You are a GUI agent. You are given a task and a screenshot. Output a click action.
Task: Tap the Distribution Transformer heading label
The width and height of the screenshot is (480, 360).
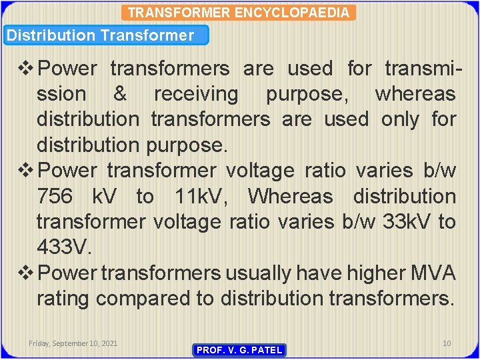pos(100,35)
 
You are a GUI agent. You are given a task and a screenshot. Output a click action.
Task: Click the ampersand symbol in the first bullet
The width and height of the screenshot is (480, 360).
pos(120,94)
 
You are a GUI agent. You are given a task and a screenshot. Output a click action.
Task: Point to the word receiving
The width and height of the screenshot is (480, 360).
pos(195,94)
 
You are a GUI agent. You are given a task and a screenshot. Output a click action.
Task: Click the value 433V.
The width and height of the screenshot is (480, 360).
pos(64,247)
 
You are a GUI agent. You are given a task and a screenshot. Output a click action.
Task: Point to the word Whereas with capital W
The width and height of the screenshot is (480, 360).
pos(290,197)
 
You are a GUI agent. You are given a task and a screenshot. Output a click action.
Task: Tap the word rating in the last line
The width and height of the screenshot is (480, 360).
pos(63,299)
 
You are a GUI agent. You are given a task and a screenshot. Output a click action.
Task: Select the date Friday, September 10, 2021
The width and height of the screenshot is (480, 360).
pos(73,343)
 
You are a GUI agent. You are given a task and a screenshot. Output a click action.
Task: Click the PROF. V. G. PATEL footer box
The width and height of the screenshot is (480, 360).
pos(239,350)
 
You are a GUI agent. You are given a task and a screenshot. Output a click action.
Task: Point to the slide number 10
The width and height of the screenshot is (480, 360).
pos(447,343)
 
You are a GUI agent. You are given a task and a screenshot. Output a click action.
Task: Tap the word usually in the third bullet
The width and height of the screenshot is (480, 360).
pos(257,273)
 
